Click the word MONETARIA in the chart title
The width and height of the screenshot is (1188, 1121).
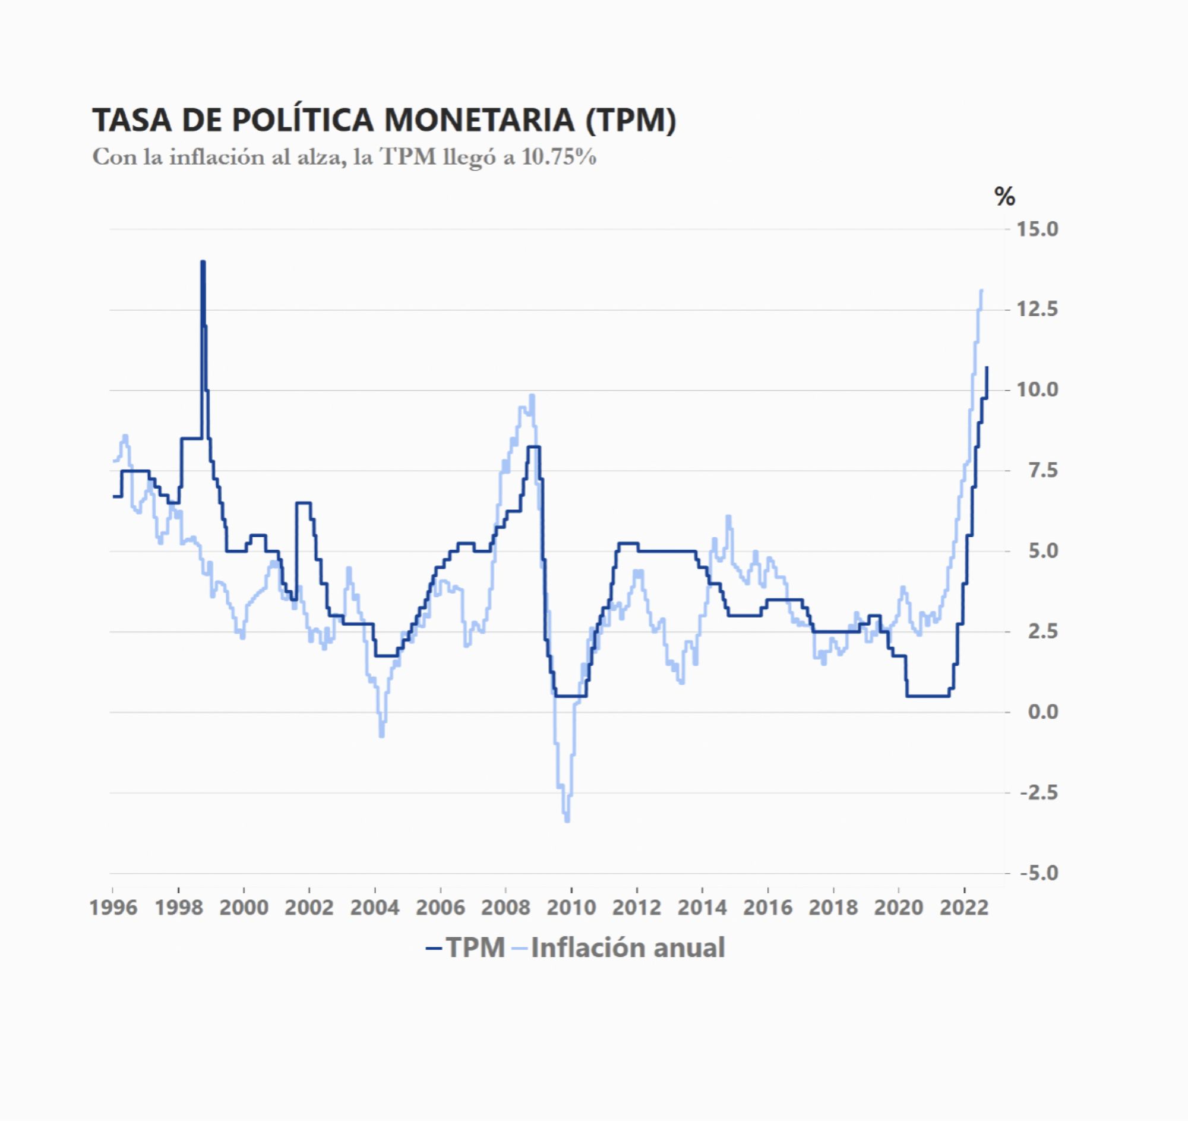(479, 120)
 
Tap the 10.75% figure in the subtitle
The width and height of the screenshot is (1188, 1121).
(559, 158)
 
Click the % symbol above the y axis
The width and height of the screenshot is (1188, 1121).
(1004, 196)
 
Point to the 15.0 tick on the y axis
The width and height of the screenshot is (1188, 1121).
(1037, 229)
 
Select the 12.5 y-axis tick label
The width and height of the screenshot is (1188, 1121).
(1037, 309)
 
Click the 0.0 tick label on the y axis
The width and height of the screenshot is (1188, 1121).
(1043, 712)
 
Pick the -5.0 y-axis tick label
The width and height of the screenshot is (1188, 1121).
(1038, 873)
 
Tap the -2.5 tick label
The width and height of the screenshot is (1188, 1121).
(1038, 793)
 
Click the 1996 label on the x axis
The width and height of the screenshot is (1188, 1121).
(113, 908)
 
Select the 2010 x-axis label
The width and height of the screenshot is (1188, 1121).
(571, 908)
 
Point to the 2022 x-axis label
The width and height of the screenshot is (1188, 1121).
(964, 908)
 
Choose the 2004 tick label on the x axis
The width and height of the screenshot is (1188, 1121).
(375, 908)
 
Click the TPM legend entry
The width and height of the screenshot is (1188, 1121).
(466, 947)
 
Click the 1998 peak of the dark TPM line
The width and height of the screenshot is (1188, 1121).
(203, 262)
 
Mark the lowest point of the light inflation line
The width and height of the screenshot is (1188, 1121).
(567, 820)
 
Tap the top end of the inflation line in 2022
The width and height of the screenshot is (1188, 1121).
(981, 291)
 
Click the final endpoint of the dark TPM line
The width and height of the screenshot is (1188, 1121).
(987, 367)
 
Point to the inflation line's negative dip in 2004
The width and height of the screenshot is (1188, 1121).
(382, 735)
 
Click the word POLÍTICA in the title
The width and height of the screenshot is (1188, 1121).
(303, 120)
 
